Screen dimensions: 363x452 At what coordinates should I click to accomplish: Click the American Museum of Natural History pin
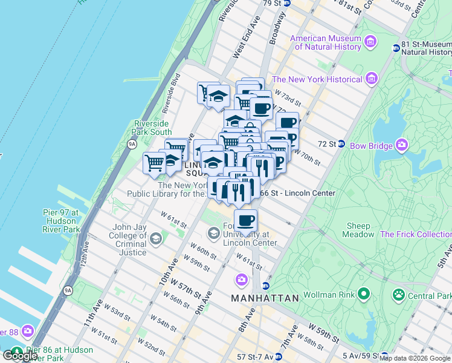[371, 41]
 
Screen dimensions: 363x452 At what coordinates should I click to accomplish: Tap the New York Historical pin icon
[371, 79]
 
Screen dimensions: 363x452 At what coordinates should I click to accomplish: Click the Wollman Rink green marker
[363, 295]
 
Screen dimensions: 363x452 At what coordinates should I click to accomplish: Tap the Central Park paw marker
[399, 295]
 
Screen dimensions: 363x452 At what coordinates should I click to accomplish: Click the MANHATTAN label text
[265, 298]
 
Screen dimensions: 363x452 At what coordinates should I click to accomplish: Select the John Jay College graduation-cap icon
[157, 239]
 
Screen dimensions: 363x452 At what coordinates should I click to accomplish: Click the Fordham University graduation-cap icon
[214, 232]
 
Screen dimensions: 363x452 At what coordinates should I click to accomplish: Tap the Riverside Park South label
[153, 128]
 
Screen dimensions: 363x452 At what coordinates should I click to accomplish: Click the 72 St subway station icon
[341, 144]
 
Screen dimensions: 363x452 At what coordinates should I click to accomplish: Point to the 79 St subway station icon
[287, 3]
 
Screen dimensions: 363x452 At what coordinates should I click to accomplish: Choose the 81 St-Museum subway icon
[396, 48]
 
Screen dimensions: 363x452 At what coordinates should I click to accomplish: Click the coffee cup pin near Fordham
[245, 221]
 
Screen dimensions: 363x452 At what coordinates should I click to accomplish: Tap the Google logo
[20, 356]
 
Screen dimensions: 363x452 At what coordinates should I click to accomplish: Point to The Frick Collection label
[416, 234]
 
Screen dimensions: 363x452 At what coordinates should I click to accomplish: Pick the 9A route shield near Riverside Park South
[132, 144]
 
